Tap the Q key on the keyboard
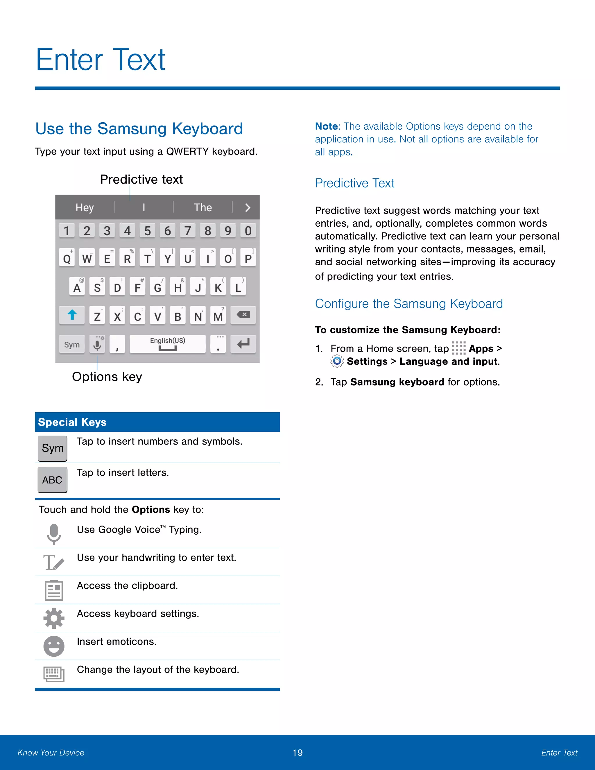pos(67,258)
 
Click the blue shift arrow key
pos(72,315)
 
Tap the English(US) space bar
pos(167,344)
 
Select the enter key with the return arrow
pos(243,344)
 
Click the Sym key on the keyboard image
pos(72,344)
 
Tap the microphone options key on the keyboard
pos(97,344)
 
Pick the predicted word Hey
pos(85,207)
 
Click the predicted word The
pos(203,207)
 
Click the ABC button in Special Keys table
pos(52,480)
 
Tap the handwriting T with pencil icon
pos(53,562)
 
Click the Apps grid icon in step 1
pos(458,348)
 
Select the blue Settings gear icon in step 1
pos(337,361)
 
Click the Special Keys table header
pos(157,422)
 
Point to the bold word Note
pos(326,126)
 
